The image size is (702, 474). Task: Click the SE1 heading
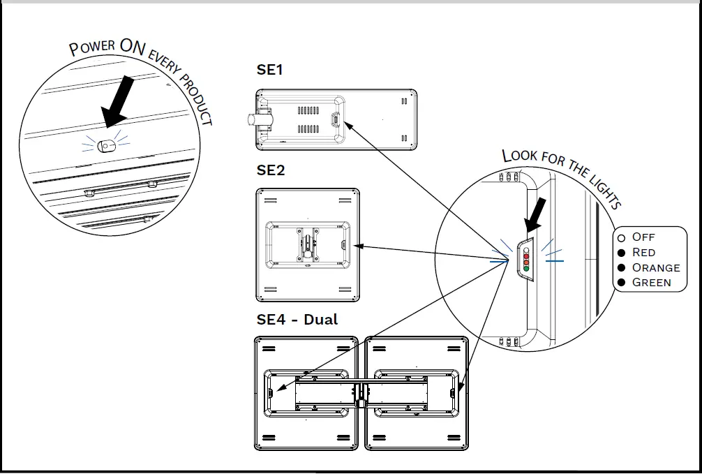269,70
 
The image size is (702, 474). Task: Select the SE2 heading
271,170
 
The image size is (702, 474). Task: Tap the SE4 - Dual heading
297,320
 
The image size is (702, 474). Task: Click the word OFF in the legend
643,237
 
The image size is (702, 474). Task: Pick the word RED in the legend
643,252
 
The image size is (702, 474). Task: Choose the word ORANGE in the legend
655,267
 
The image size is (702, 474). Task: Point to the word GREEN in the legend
651,283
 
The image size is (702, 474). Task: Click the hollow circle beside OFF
621,238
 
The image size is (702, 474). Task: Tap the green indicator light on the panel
525,269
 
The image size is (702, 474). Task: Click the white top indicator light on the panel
525,249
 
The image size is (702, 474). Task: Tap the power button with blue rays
106,146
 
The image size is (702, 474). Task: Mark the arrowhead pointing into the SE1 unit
348,124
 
